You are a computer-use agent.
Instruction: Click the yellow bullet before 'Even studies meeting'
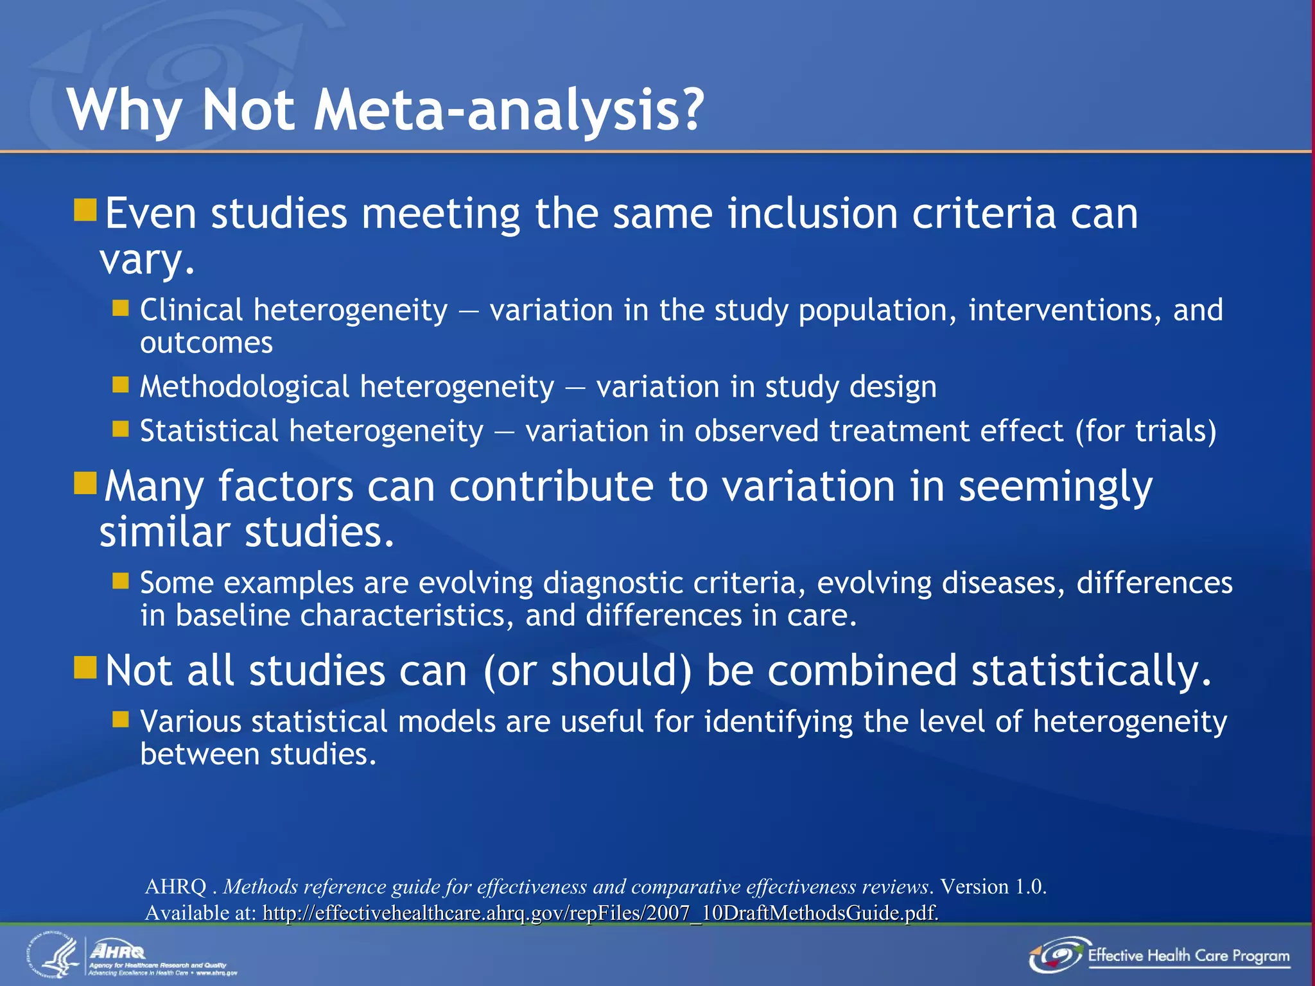coord(85,210)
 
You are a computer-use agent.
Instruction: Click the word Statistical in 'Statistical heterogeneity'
coord(209,431)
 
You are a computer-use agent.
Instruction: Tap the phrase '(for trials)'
coord(1145,431)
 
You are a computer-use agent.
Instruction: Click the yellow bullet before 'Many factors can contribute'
coord(85,483)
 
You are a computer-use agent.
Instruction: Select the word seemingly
coord(1056,487)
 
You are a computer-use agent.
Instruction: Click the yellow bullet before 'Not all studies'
coord(85,668)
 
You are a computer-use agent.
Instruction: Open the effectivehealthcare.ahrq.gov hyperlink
coord(600,913)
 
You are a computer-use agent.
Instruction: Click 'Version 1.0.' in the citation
coord(993,887)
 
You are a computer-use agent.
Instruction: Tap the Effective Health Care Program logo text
coord(1188,956)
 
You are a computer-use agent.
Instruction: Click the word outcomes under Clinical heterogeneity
coord(206,343)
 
